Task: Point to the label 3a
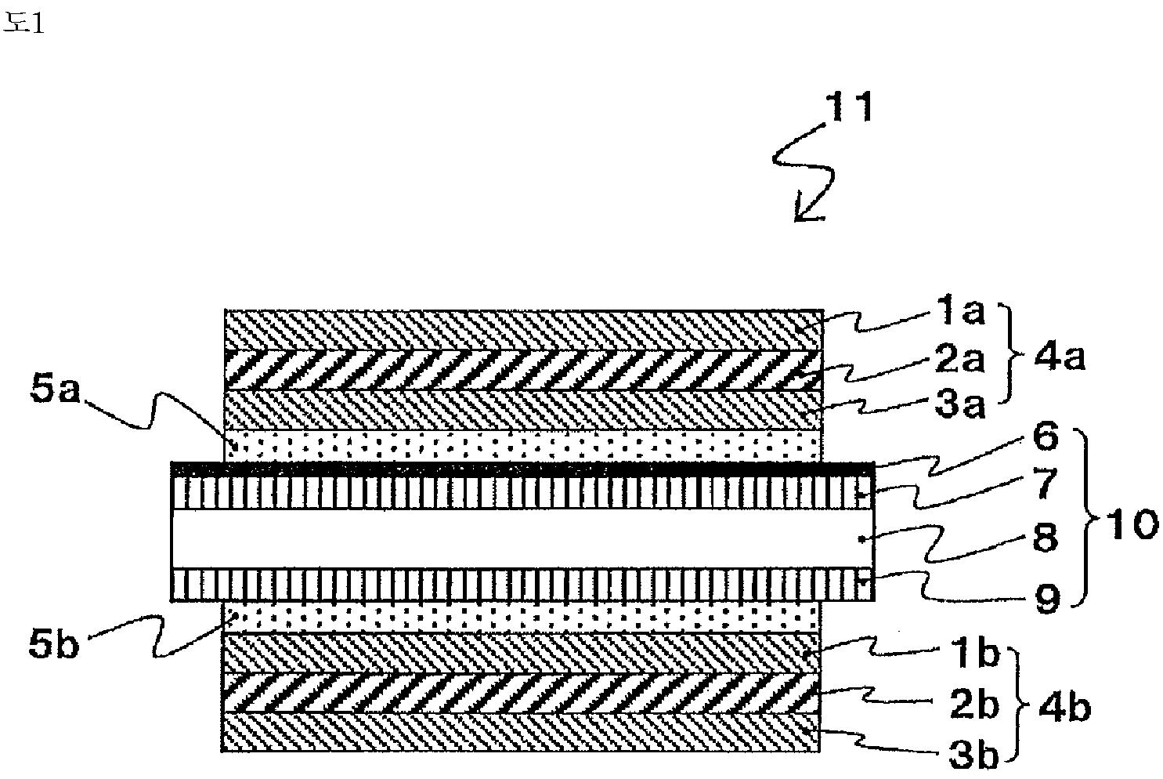959,404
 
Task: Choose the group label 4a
1059,357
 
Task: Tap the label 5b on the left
53,644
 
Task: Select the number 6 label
1046,437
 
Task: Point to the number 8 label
1046,538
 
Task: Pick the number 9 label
1046,600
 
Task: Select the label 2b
974,705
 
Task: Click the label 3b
974,755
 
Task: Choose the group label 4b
1064,708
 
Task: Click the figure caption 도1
23,23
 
